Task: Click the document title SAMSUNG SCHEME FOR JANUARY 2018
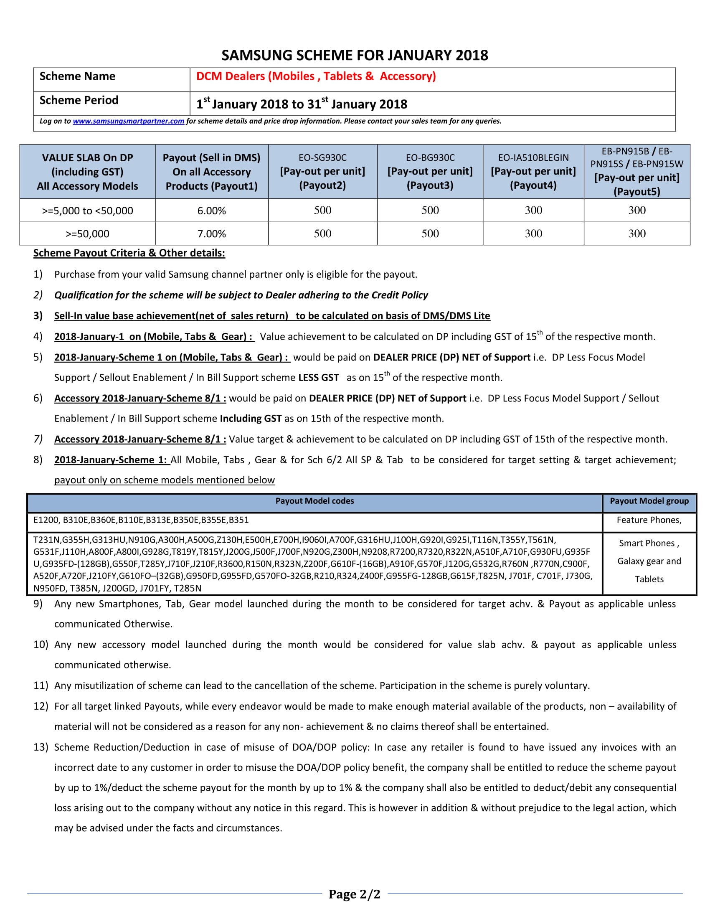click(355, 56)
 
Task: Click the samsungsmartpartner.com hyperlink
click(128, 121)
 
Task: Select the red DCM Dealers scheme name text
click(316, 76)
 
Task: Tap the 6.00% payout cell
click(212, 211)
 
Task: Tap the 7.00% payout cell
click(212, 234)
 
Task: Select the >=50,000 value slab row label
click(87, 234)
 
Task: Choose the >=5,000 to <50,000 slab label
click(87, 211)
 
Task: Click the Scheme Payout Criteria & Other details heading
click(129, 253)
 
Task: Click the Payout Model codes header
click(314, 501)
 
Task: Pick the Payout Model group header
click(649, 501)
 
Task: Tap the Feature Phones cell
click(649, 520)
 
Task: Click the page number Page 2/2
click(354, 894)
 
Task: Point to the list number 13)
click(41, 747)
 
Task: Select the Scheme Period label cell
click(79, 100)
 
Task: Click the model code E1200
click(46, 520)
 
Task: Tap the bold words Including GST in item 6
click(251, 418)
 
